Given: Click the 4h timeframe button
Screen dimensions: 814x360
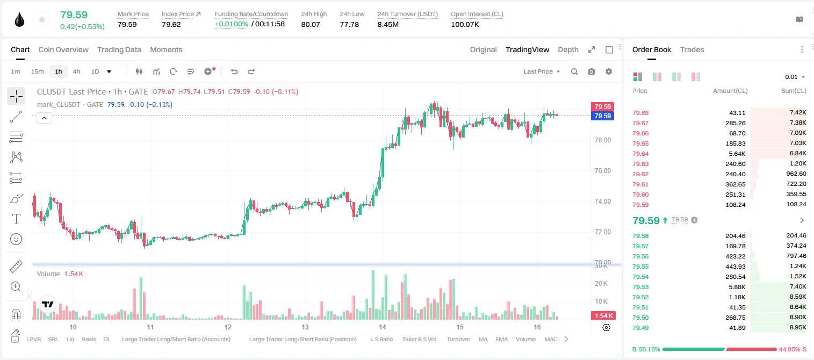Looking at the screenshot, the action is [76, 71].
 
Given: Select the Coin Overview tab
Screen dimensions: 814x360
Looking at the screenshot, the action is [63, 49].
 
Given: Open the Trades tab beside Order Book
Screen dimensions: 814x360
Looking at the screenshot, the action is [692, 49].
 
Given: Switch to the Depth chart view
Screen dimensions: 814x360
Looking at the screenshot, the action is [568, 49].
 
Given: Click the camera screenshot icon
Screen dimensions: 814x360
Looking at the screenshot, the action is [592, 71].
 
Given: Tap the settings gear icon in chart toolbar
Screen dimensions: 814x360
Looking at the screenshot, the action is [609, 71].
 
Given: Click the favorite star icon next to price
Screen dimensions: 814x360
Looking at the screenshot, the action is [42, 19].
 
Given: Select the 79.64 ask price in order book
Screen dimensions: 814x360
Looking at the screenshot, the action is [640, 154].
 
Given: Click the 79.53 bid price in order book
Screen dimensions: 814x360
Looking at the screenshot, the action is [640, 287].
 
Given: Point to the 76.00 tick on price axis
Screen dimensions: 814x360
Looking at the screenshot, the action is [602, 171].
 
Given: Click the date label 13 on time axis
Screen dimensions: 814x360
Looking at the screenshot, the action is [305, 327].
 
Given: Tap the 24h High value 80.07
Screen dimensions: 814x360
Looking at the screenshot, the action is [311, 24].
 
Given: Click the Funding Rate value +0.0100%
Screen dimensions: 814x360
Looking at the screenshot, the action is [231, 24].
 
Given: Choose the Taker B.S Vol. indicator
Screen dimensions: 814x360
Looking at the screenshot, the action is [419, 339].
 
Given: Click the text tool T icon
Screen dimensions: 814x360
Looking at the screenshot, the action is [16, 219].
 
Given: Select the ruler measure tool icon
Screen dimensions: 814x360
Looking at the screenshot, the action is [16, 267].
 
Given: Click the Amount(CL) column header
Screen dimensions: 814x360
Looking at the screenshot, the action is [730, 91].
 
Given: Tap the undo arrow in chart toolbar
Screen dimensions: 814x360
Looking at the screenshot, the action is [234, 71].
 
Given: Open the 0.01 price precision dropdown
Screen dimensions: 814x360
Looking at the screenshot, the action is [795, 77].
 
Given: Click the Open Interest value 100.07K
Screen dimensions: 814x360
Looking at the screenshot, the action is [465, 24].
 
